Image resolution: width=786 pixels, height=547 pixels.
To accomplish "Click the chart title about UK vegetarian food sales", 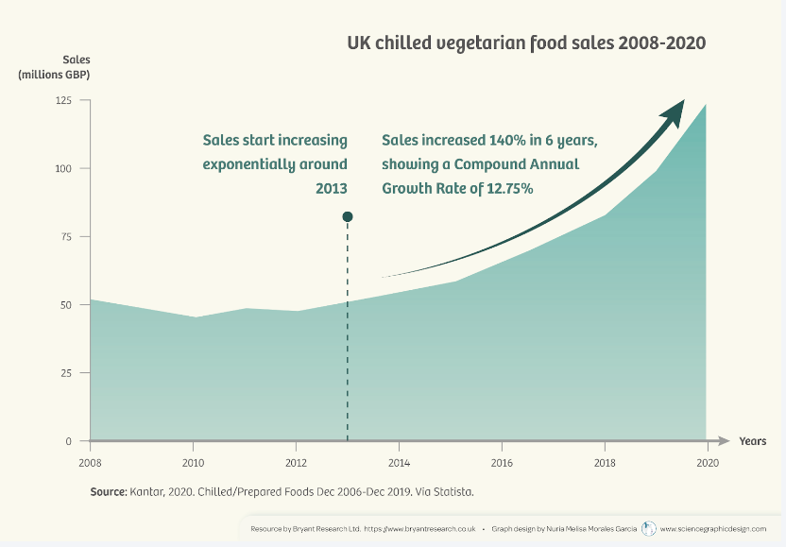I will point(526,43).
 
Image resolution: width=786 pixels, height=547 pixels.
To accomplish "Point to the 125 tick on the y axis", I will point(64,100).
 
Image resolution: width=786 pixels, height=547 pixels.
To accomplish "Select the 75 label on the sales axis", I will point(67,236).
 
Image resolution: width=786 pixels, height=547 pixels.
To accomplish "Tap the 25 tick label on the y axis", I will point(67,372).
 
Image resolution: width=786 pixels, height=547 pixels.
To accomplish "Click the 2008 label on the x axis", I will point(90,462).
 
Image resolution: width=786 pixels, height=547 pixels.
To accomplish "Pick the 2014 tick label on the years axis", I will point(399,462).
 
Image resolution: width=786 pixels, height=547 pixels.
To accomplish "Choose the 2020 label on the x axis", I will point(707,462).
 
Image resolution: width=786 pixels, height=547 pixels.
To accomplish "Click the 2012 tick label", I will point(296,462).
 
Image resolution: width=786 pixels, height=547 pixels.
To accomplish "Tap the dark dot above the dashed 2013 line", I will point(348,217).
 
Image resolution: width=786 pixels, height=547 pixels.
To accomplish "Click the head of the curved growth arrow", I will point(676,108).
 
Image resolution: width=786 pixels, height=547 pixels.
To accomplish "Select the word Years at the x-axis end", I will point(753,441).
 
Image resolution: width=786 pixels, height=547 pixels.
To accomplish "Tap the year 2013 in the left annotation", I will point(332,188).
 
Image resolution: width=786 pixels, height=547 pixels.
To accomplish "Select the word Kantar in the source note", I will point(144,492).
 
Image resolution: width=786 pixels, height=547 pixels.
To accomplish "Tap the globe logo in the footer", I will point(648,529).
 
